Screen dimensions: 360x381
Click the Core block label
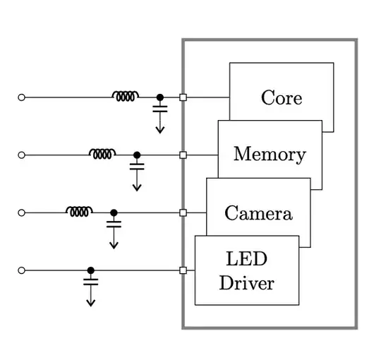point(281,97)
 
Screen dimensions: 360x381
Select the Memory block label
point(270,154)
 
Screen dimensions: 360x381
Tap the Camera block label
point(258,212)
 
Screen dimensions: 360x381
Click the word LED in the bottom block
point(246,258)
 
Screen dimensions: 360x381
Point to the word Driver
point(246,283)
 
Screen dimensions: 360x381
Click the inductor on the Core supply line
point(126,95)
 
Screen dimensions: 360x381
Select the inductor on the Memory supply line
point(102,153)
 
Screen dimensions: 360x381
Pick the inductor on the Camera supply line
point(79,211)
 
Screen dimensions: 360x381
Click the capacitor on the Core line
point(160,109)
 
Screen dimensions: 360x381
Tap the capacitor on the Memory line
point(137,167)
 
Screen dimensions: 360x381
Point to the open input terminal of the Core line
point(21,97)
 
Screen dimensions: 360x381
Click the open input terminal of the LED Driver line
point(21,270)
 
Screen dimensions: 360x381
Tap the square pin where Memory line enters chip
point(183,155)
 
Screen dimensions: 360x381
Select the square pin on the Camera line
point(183,212)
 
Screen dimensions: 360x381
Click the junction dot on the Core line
point(160,97)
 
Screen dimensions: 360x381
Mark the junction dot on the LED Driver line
point(90,270)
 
